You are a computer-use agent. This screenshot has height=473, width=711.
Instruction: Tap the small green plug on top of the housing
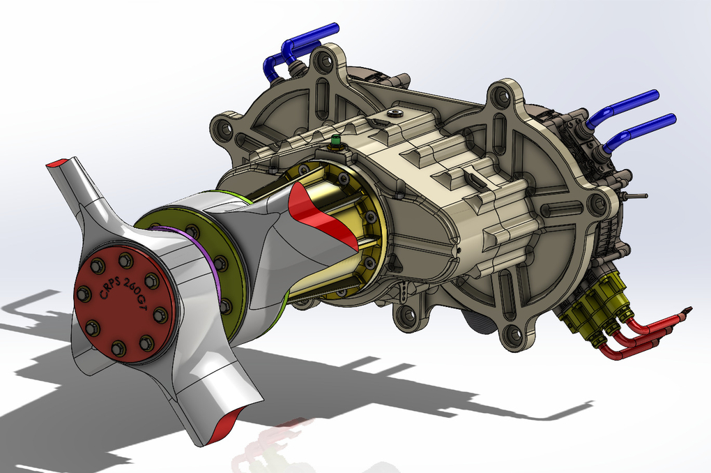coord(335,142)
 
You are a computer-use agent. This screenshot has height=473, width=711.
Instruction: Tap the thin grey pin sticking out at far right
coord(636,196)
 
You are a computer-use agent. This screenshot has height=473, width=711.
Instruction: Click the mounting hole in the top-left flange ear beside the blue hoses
coord(323,61)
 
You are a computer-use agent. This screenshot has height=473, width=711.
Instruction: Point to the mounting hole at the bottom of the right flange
coord(514,335)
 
